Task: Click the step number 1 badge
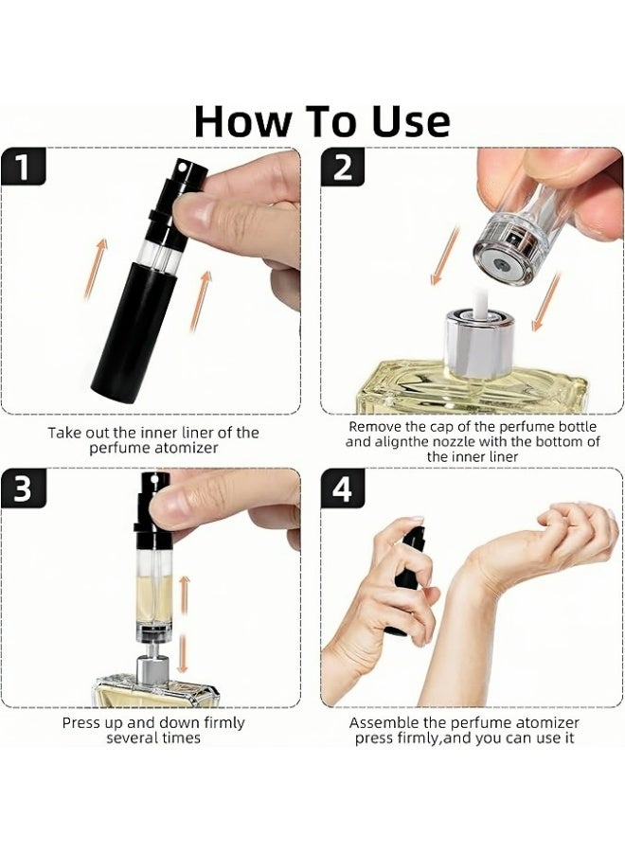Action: tap(23, 167)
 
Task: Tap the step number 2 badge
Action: tap(343, 167)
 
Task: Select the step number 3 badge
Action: tap(23, 488)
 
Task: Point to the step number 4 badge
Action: tap(343, 488)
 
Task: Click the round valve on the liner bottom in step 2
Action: tap(502, 266)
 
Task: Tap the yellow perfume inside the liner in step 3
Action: tap(154, 599)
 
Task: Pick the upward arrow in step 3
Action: tap(184, 595)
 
